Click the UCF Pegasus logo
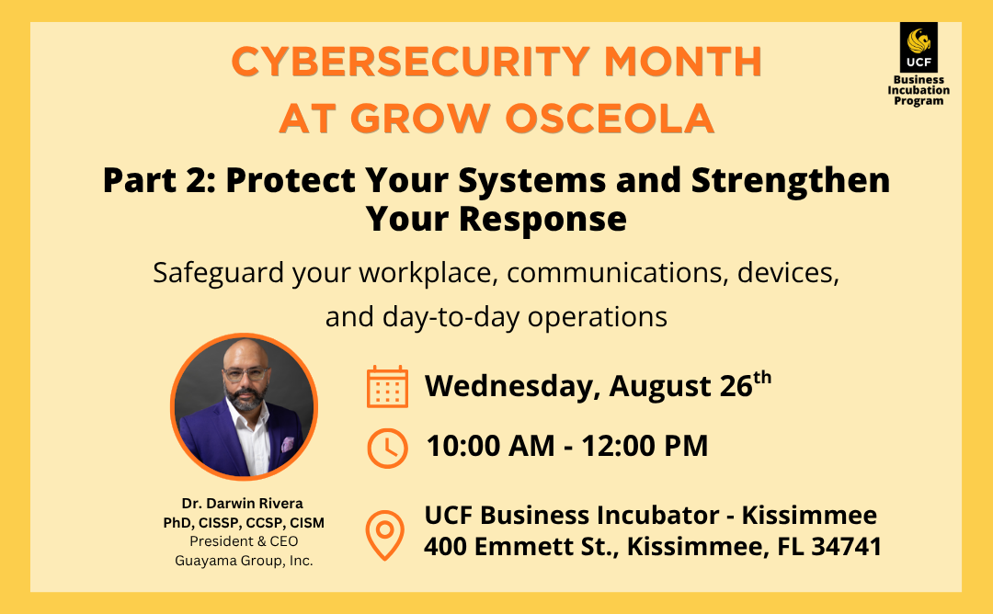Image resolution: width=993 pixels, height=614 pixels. [919, 48]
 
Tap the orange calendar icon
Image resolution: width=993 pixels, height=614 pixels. [387, 386]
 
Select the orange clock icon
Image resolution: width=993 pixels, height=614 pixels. [387, 449]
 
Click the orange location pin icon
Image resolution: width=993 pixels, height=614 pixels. [384, 535]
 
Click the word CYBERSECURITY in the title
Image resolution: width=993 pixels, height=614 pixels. [411, 62]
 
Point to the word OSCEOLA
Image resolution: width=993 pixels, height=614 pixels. [610, 119]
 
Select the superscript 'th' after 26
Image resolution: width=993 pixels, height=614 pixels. [762, 377]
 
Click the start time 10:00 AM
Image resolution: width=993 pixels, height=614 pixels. [490, 446]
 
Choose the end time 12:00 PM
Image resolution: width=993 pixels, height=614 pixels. [644, 446]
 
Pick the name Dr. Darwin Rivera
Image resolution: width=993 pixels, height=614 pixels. [243, 503]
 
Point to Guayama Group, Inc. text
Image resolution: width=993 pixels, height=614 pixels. [244, 561]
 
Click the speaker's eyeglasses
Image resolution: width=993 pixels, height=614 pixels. [245, 374]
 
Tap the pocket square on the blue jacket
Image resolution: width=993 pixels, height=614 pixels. [288, 444]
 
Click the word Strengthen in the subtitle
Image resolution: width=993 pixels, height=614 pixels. [791, 180]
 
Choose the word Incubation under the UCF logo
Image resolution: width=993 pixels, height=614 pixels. [919, 90]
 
